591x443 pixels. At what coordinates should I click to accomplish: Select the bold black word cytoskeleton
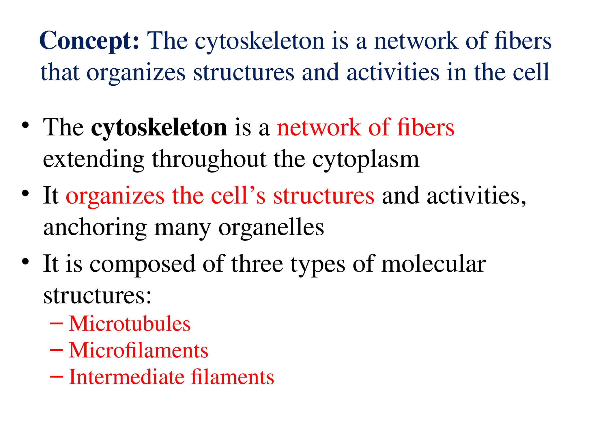coord(159,127)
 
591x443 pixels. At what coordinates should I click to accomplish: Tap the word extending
coord(93,159)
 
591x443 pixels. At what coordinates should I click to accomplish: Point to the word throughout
coord(209,159)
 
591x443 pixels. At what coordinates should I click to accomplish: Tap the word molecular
coord(433,264)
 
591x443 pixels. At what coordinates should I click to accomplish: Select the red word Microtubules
coord(130,324)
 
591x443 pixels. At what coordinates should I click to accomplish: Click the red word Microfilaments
coord(139,350)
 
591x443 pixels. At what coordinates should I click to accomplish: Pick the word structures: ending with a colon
coord(97,296)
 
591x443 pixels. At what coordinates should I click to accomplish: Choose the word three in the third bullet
coord(257,264)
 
